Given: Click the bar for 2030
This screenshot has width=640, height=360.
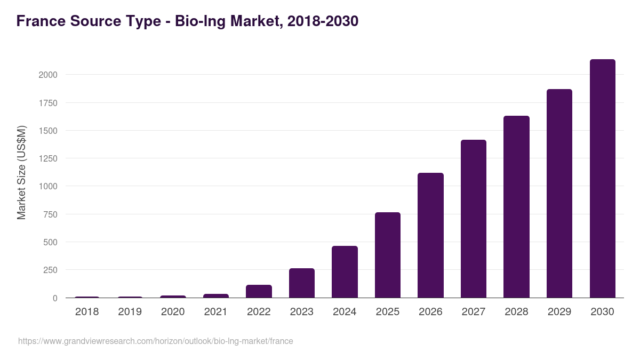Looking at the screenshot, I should click(x=602, y=179).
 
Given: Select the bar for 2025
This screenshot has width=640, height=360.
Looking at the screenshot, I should click(x=388, y=255).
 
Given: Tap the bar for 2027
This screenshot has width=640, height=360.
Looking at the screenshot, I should click(x=474, y=219).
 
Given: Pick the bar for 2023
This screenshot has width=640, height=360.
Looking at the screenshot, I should click(x=302, y=283).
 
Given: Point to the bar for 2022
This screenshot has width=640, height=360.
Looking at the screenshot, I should click(x=259, y=291).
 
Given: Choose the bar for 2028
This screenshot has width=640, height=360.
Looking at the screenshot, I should click(x=516, y=207).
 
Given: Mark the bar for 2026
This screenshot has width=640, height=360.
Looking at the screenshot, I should click(x=430, y=235).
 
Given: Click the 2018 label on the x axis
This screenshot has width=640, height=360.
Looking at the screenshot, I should click(x=87, y=311).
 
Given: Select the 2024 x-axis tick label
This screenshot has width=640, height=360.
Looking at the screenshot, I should click(x=345, y=311).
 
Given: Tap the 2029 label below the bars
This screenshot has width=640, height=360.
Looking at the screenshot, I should click(x=559, y=311).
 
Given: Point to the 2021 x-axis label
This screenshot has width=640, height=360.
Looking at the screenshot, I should click(x=216, y=311).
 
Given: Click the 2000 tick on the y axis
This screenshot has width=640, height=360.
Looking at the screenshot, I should click(x=47, y=75).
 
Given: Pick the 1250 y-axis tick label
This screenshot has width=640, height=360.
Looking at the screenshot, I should click(x=47, y=158).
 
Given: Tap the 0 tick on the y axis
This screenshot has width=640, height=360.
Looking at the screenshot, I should click(x=54, y=298).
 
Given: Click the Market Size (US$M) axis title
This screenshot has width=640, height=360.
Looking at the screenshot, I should click(x=21, y=172).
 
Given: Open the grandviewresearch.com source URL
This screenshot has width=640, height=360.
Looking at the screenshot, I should click(x=155, y=341).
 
